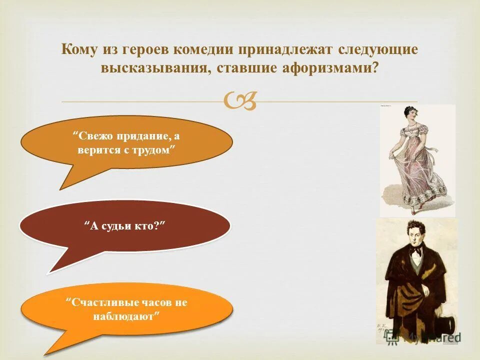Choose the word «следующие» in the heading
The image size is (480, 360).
378,50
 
